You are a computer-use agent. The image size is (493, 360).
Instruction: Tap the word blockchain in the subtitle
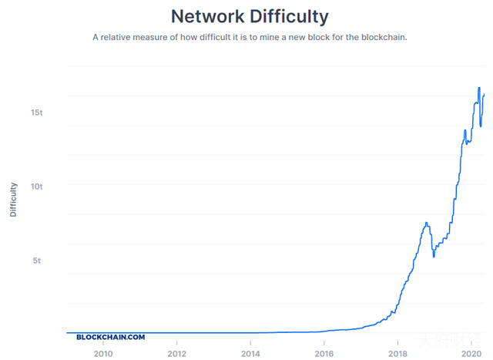(x=381, y=36)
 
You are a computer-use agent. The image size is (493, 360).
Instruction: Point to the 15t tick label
(x=37, y=113)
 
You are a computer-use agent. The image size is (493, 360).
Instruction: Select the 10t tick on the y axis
(x=37, y=187)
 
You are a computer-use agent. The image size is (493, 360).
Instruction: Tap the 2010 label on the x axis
(x=103, y=353)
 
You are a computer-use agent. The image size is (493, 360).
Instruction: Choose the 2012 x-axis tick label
(x=177, y=353)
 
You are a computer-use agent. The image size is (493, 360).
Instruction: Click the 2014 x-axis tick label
(x=250, y=353)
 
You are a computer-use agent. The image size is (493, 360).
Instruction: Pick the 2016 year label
(x=324, y=353)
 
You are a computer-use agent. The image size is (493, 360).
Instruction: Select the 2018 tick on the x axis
(x=397, y=353)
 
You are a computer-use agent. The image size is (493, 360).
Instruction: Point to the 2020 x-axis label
(x=471, y=353)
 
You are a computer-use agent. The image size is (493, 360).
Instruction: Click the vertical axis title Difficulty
(x=13, y=199)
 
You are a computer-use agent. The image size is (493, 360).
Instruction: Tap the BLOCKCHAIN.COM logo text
(x=110, y=337)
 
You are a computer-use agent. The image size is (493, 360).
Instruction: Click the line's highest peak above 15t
(x=479, y=88)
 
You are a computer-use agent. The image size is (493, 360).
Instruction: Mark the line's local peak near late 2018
(x=426, y=223)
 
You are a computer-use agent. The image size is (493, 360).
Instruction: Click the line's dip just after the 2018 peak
(x=434, y=256)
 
